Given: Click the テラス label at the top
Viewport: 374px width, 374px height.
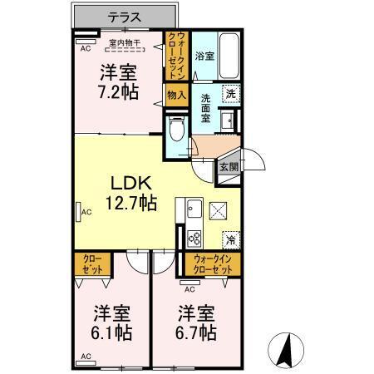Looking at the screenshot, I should point(125,16).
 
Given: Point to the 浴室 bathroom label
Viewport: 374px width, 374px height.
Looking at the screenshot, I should point(204,56).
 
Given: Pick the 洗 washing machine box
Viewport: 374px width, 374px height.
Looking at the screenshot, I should point(231,95).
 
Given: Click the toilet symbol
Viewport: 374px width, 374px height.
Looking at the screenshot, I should point(175,129).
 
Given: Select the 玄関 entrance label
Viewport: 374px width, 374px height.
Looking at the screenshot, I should point(227,165).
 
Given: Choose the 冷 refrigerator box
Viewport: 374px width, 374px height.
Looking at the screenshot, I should point(230,239).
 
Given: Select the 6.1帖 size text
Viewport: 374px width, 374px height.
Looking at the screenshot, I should point(111,333).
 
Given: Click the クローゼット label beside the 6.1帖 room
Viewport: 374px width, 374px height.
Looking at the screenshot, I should point(92,265).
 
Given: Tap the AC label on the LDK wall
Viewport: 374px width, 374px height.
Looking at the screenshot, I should point(85,213).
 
